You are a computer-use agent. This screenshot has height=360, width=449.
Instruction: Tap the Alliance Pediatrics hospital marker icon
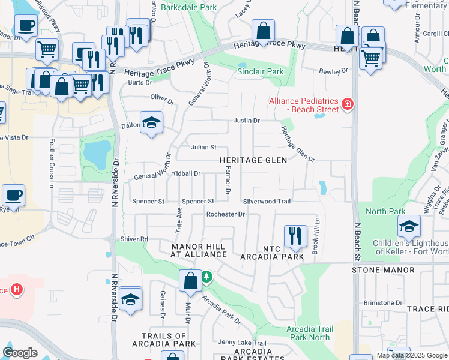(346, 106)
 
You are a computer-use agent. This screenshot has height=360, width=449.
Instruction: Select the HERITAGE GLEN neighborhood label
(253, 160)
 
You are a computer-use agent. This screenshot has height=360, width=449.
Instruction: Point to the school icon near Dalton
(152, 122)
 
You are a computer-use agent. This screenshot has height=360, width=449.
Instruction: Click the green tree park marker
(206, 276)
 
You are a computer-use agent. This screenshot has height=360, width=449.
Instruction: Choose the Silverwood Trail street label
(267, 202)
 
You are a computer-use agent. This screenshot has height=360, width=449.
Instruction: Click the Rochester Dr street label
(225, 214)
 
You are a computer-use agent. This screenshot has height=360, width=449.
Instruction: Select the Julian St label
(203, 147)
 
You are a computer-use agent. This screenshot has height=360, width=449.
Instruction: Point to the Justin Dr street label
(246, 121)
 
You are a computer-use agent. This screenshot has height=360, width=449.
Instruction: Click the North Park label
(385, 211)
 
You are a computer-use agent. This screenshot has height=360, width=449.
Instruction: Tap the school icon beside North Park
(409, 226)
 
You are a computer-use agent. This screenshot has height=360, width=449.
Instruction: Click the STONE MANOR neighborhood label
(382, 270)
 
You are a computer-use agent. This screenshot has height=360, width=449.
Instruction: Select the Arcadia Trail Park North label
(309, 333)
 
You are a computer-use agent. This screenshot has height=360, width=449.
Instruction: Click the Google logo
(20, 353)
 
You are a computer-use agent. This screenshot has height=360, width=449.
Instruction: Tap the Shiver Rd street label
(134, 239)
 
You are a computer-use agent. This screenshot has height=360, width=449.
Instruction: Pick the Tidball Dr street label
(186, 173)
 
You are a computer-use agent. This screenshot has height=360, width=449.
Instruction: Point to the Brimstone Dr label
(382, 303)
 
